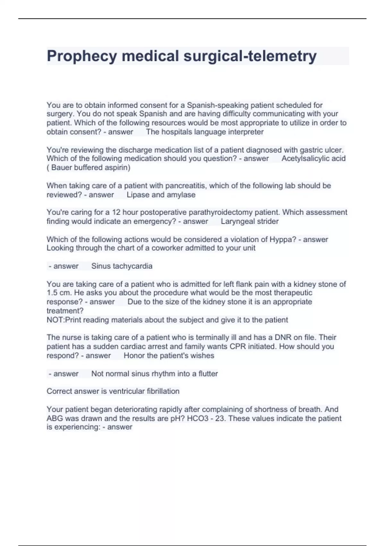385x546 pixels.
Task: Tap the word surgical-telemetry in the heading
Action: click(x=250, y=56)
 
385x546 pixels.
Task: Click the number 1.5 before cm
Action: click(x=51, y=293)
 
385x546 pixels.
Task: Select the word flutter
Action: click(x=208, y=374)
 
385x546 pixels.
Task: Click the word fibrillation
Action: click(x=163, y=391)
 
